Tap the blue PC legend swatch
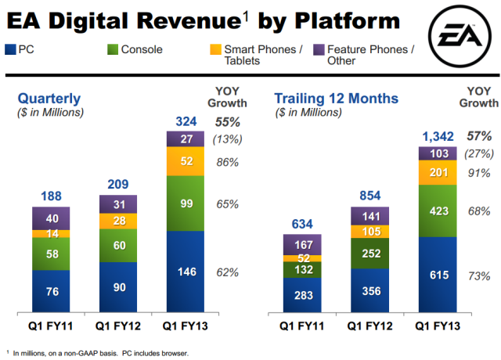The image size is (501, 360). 9,50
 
